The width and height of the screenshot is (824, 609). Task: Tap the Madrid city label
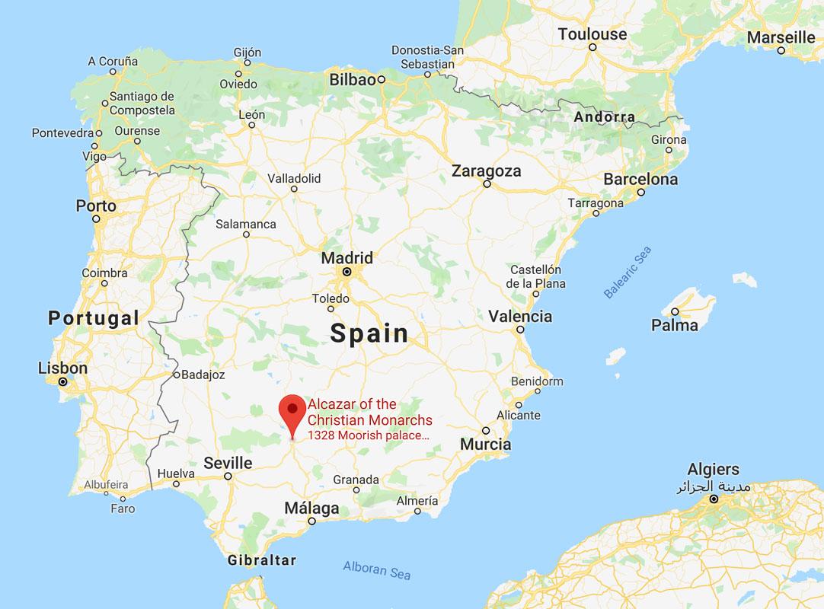coord(347,257)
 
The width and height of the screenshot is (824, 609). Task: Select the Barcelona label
coord(640,180)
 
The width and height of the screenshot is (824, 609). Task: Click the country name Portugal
coord(94,317)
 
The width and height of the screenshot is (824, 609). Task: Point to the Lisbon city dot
coord(63,382)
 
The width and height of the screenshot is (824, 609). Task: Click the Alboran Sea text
coord(376,569)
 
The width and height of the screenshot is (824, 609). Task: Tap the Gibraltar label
coord(261,560)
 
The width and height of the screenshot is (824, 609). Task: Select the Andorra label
coord(604,117)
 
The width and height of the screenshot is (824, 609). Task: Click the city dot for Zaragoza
coord(487,183)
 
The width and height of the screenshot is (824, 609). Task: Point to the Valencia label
coord(520,316)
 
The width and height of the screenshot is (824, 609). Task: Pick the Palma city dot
coord(675,311)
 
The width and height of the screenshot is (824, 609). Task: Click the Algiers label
coord(713,469)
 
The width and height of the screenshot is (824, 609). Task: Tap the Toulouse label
coord(592,34)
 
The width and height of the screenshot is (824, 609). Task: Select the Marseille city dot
coord(781,50)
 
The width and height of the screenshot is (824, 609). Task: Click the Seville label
coord(228,463)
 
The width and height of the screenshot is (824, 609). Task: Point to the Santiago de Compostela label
coord(142,104)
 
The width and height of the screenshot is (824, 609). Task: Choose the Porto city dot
coord(97,218)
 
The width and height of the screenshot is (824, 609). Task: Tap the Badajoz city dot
coord(175,375)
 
